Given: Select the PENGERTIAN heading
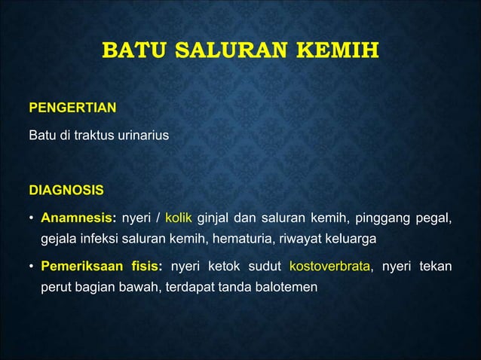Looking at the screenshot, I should pos(72,108).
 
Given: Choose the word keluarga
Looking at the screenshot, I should pos(351,239).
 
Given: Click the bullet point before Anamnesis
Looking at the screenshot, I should pos(31,220).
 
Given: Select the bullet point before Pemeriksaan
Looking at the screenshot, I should pos(31,267).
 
